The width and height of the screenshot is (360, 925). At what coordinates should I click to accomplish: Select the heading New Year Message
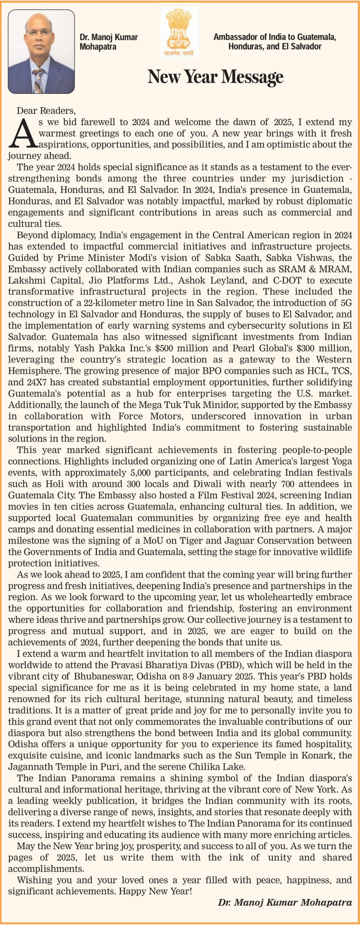coord(215,76)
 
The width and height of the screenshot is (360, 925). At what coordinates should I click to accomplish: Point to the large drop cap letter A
coord(23,133)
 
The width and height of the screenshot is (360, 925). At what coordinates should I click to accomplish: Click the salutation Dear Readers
coord(46,111)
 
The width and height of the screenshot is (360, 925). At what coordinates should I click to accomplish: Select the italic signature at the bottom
coord(285,902)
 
